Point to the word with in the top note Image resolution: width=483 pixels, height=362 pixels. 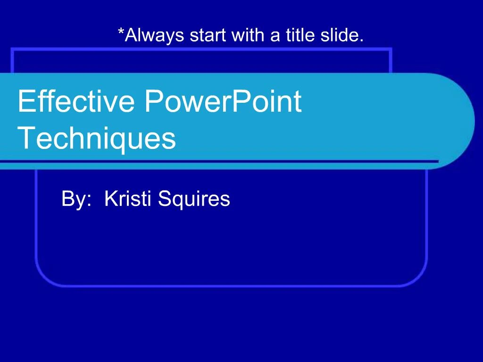(249, 35)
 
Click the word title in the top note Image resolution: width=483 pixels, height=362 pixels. (300, 35)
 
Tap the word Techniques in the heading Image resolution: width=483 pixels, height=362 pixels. (97, 139)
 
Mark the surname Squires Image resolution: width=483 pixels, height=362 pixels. (194, 200)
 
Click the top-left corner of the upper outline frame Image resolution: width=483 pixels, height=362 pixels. (12, 49)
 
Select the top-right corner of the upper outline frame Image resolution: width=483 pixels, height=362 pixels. (391, 49)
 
